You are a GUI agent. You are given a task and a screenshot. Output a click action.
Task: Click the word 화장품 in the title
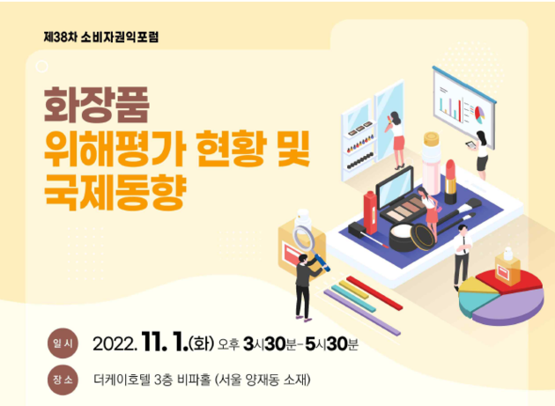point(96,105)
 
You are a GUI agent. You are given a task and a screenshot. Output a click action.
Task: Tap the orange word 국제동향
point(115,192)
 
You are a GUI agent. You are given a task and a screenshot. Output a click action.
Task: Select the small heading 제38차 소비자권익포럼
point(101,37)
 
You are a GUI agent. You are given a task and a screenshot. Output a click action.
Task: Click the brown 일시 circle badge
point(63,343)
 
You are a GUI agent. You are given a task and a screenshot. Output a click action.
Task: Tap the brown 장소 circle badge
point(63,380)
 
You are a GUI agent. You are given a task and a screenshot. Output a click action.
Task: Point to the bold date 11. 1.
point(165,343)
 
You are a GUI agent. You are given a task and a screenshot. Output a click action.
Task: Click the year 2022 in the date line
point(115,343)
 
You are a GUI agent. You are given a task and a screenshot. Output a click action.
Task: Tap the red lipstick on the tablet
point(450,181)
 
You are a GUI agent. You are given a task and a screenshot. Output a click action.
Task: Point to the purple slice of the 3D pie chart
point(510,307)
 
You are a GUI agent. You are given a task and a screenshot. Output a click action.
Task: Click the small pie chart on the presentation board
point(479,114)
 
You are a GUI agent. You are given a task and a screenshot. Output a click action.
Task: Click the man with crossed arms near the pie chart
point(462,255)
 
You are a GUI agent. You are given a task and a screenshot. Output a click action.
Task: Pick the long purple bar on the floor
point(362,313)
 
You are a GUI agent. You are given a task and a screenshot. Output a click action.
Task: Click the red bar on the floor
point(374,293)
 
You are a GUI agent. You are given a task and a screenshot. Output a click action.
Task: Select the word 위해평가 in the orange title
point(115,149)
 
